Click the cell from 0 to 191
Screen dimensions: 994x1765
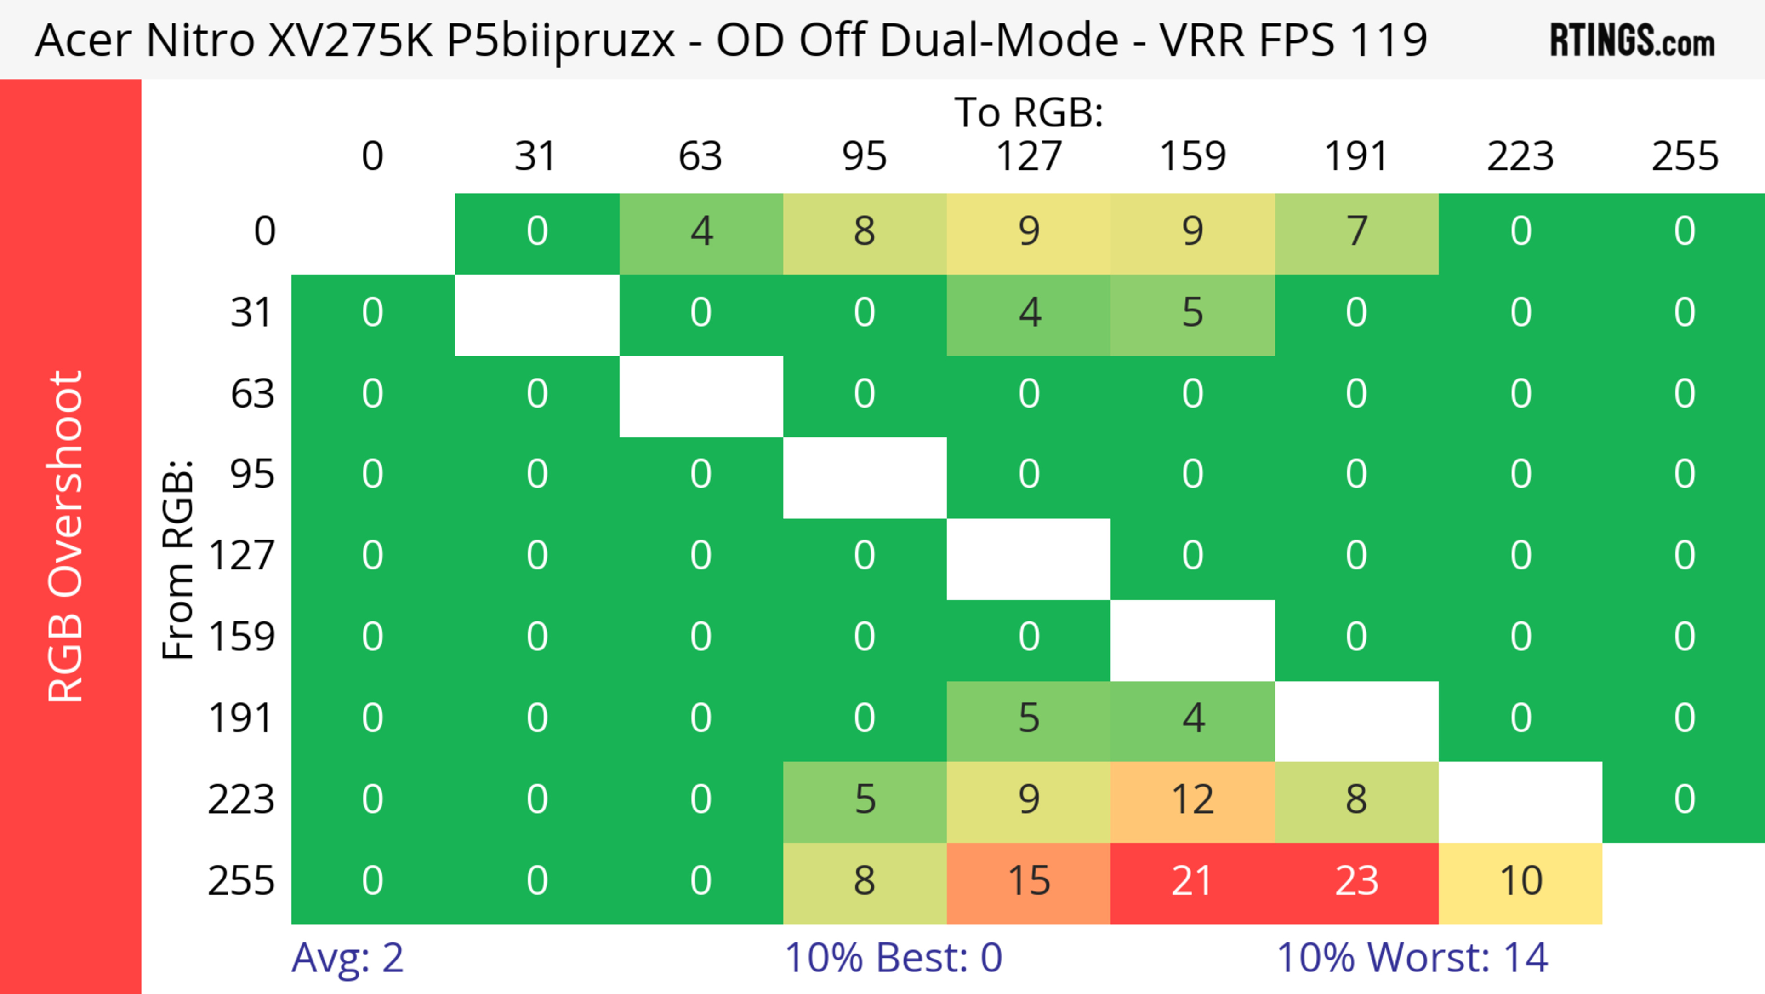(x=1356, y=232)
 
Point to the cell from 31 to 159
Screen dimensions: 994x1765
(x=1192, y=313)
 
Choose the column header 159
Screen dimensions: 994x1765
(x=1192, y=156)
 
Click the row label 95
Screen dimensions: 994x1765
(x=252, y=474)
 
